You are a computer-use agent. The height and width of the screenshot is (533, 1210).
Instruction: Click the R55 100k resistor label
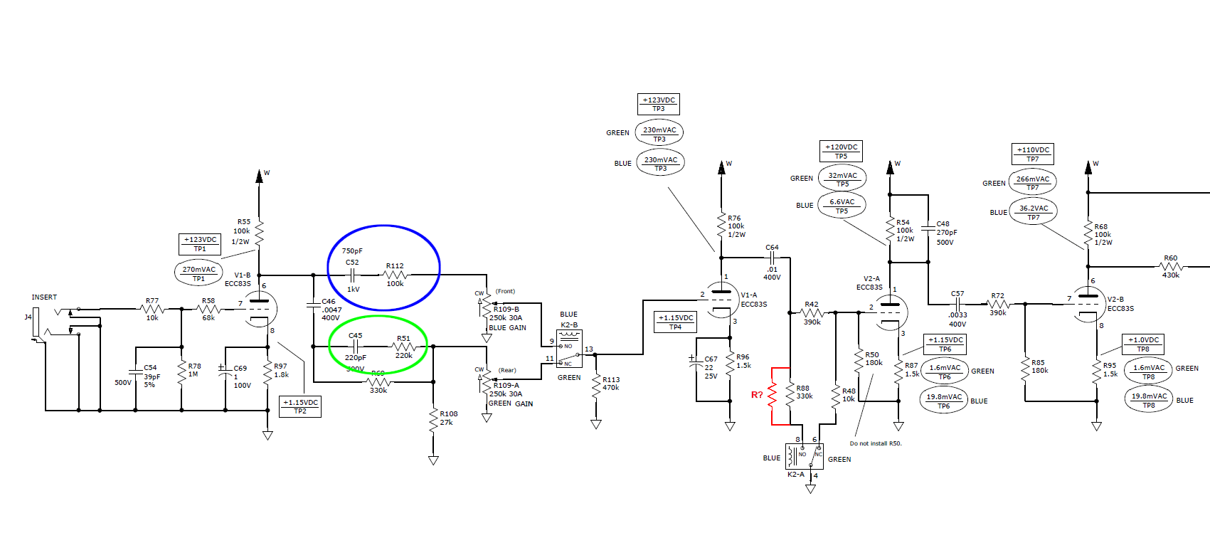[242, 231]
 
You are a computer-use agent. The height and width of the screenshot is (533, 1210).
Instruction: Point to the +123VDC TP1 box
[200, 244]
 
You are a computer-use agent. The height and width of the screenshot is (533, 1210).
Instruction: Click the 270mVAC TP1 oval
[198, 273]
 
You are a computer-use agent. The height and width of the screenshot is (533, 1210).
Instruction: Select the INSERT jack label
[44, 297]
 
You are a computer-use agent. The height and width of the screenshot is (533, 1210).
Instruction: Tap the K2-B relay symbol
[569, 349]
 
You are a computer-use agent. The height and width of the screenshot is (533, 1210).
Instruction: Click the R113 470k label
[611, 384]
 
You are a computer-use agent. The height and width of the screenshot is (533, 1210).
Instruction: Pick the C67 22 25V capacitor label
[710, 368]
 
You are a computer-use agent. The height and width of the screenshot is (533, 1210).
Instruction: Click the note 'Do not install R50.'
[876, 443]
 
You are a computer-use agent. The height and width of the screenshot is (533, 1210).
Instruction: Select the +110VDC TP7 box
[1033, 154]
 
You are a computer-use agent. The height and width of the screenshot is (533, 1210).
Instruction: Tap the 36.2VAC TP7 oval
[1034, 212]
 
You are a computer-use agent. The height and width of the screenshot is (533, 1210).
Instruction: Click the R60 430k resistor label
[1170, 266]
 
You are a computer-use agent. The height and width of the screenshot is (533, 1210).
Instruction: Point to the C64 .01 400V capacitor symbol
[772, 258]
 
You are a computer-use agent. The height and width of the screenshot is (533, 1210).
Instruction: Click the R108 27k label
[448, 418]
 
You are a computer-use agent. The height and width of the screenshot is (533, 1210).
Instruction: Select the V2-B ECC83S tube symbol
[1088, 305]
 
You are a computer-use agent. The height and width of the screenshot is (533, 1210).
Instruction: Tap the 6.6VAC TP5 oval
[842, 206]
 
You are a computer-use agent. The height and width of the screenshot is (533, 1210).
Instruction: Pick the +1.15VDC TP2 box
[300, 406]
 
